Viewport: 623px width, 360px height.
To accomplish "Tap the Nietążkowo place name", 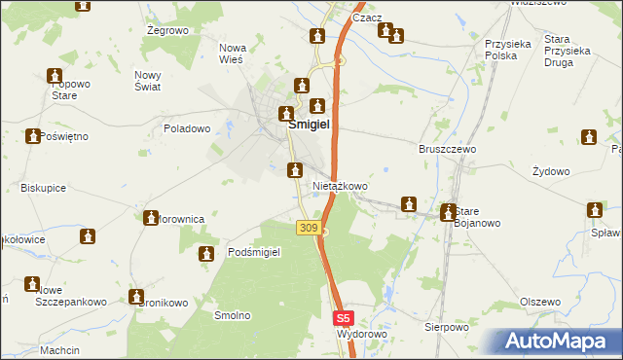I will point(340,185).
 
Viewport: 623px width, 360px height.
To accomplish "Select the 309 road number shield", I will point(308,228).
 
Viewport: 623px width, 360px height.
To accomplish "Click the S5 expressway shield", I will point(343,317).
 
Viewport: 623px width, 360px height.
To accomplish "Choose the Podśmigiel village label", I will point(254,252).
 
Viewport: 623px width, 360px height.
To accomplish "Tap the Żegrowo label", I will point(166,31).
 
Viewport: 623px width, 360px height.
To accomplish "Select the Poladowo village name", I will point(187,128).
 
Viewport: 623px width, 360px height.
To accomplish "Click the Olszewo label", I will point(540,303).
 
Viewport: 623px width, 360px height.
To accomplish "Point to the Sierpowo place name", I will point(447,328).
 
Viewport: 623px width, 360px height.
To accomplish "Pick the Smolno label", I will point(233,315).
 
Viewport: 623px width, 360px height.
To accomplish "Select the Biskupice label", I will point(43,188).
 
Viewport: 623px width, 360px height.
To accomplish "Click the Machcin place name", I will point(59,350).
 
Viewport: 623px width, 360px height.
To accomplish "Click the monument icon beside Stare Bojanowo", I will point(448,211).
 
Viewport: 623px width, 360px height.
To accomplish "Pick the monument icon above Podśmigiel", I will point(206,255).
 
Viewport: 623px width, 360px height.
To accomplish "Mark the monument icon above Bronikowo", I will point(135,296).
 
